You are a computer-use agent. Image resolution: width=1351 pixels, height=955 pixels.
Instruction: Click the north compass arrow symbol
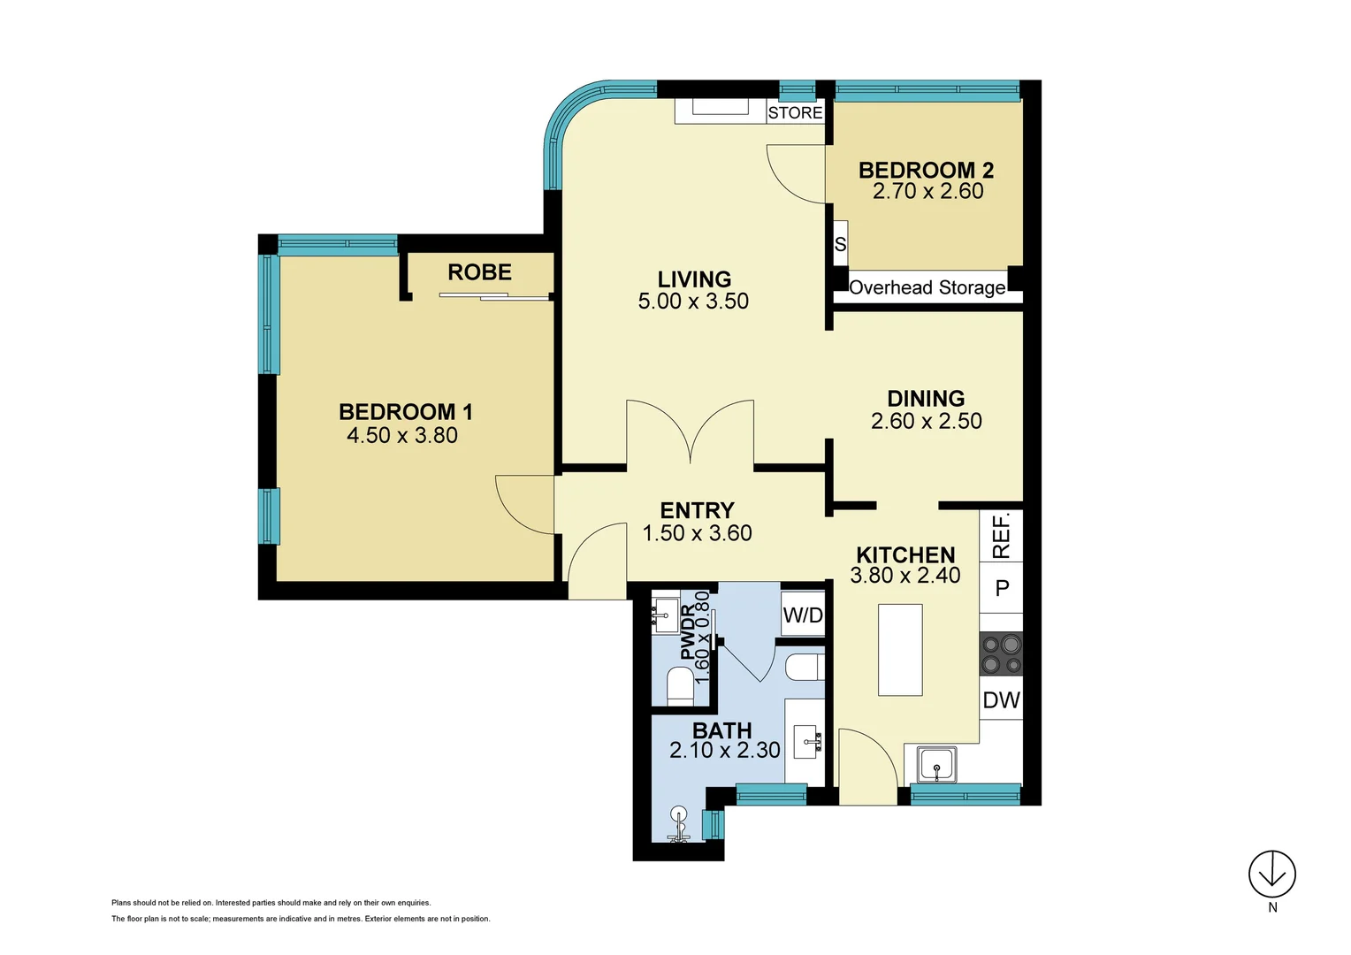click(1271, 874)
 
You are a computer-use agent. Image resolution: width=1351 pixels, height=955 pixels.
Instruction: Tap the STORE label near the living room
click(795, 112)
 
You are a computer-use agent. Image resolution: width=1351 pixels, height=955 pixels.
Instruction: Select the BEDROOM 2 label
click(926, 170)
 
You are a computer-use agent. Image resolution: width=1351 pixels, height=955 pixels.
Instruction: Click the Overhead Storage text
click(927, 287)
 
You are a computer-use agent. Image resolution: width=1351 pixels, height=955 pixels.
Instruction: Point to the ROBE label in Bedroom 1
click(479, 272)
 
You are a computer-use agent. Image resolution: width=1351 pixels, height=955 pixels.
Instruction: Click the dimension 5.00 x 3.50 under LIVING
click(693, 302)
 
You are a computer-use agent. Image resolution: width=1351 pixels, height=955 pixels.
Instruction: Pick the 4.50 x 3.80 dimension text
click(402, 435)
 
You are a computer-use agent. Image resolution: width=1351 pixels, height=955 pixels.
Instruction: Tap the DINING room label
click(926, 399)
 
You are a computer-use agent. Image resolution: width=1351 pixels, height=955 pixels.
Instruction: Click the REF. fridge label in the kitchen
click(1001, 536)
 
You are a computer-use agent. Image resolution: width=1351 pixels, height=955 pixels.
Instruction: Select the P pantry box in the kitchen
click(1002, 588)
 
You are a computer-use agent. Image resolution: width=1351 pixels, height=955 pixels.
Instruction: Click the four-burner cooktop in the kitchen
click(1002, 654)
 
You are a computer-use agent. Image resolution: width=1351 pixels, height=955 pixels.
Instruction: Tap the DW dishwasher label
click(1002, 700)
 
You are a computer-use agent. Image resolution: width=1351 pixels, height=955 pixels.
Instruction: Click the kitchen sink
click(935, 765)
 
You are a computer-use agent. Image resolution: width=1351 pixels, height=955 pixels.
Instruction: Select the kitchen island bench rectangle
click(900, 650)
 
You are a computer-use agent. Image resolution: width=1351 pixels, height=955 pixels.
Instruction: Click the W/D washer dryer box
click(803, 615)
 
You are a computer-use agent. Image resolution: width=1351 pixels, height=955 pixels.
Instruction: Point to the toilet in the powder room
click(680, 685)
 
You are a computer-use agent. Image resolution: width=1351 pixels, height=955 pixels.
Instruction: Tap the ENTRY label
click(697, 510)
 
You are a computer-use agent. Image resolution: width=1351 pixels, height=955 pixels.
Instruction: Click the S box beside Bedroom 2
click(840, 244)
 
